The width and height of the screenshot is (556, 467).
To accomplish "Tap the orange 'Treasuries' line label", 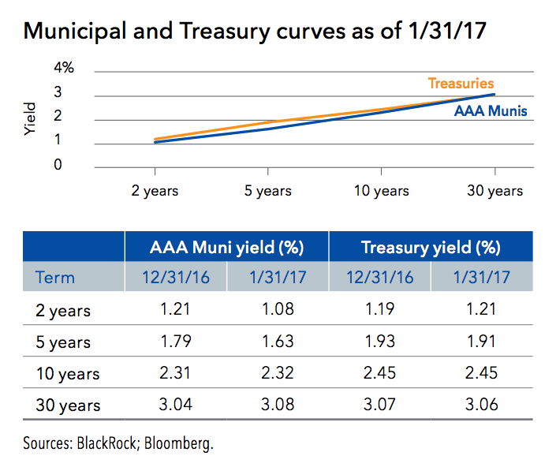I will click(461, 83).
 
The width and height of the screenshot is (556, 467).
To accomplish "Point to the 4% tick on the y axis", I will click(64, 69).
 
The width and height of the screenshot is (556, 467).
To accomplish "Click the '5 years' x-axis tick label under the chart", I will click(268, 191).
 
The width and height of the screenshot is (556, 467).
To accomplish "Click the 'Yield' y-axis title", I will click(31, 118).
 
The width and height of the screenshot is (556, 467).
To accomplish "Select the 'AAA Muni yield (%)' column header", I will click(227, 248).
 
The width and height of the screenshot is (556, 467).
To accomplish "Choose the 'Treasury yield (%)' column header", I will click(431, 248).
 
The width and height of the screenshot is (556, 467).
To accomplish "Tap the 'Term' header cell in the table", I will click(55, 277).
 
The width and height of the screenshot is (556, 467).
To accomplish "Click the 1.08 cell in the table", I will click(278, 309).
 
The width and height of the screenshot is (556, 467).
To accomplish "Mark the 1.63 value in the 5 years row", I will click(278, 342).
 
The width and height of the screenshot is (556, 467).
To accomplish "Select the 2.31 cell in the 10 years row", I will click(176, 373).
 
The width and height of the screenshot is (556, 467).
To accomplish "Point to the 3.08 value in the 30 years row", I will click(278, 405).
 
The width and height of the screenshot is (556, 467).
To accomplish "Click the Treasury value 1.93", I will click(379, 342).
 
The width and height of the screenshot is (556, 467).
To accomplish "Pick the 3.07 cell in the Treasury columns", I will click(379, 405).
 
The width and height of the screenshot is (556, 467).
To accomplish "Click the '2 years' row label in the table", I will click(63, 310).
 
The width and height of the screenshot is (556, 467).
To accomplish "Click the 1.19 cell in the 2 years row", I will click(379, 309).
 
